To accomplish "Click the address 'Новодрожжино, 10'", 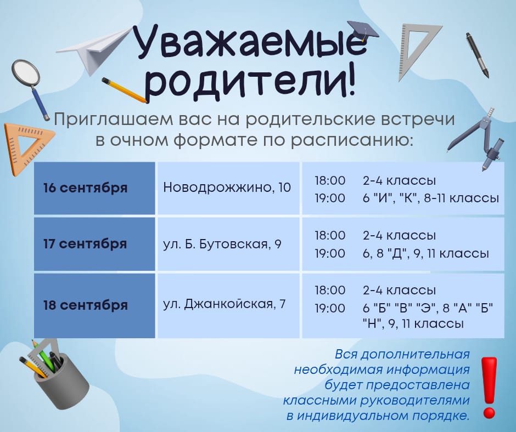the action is (227, 187).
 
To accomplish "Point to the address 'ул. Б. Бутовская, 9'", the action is (222, 245).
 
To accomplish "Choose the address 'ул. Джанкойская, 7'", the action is (225, 304).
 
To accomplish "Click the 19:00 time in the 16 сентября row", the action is (330, 198).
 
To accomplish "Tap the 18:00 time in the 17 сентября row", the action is (330, 235).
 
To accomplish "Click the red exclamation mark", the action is (489, 387).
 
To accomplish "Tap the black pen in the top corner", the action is (477, 55).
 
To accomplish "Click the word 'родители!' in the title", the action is (251, 82).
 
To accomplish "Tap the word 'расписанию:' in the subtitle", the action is (352, 140).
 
